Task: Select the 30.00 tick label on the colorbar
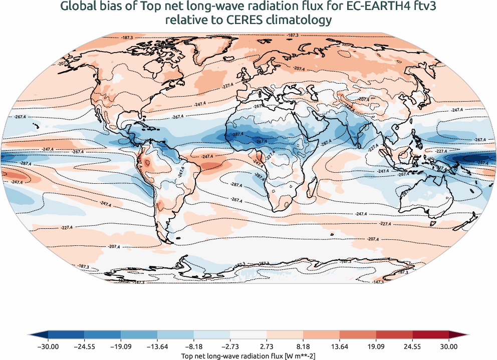coord(449,345)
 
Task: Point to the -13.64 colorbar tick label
coord(157,345)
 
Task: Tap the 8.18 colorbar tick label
coord(303,345)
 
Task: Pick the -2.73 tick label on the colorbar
coord(230,345)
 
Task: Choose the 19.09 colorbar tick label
coord(376,345)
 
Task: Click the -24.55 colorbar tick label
coord(85,345)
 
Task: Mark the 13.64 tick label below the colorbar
coord(340,345)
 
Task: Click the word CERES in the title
coord(234,20)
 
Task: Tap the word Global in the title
coord(77,7)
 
